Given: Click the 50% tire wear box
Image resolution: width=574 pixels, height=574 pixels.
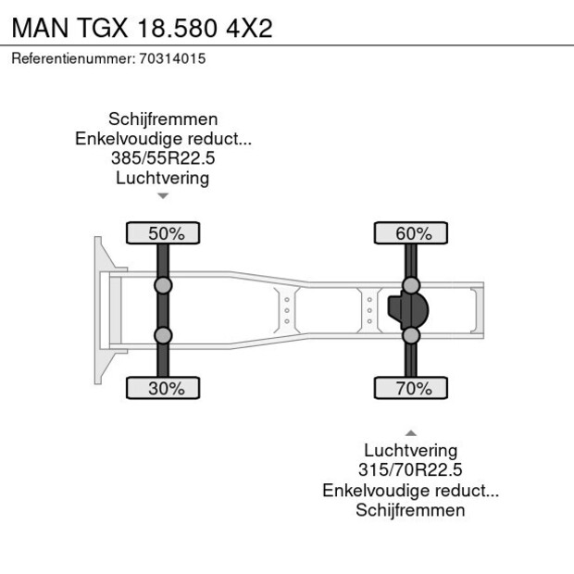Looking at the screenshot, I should coord(163,233).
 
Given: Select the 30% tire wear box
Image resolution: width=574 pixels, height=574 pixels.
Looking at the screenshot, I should coord(163,388).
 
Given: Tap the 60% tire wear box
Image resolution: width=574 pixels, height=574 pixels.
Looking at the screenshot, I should coord(411,233).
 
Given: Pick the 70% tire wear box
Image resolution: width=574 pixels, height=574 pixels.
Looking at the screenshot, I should coord(411,388).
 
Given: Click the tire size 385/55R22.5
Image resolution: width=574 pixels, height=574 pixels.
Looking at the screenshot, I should coord(163,158).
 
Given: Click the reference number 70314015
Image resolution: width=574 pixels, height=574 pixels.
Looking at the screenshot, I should coord(172,58).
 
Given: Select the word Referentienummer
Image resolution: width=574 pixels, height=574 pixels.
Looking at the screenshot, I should coord(72,58).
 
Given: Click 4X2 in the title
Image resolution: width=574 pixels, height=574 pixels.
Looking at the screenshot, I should coord(249,28).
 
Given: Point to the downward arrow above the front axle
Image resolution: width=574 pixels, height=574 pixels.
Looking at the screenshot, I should coord(163,196).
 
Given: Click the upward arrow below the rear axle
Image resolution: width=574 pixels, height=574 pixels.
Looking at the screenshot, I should coord(411,432).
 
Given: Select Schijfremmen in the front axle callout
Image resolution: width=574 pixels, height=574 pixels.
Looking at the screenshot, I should coord(163,119).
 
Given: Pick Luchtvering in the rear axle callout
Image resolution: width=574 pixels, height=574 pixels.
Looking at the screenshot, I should coord(411,451).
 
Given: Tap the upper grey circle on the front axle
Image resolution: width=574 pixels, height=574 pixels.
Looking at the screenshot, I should coord(163,285).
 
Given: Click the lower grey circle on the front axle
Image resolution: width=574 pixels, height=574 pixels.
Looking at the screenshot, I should coord(163,335).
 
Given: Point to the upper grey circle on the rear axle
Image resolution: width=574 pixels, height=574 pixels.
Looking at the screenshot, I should coord(411,285).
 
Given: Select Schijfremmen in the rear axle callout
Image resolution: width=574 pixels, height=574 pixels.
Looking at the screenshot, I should coord(411,510).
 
